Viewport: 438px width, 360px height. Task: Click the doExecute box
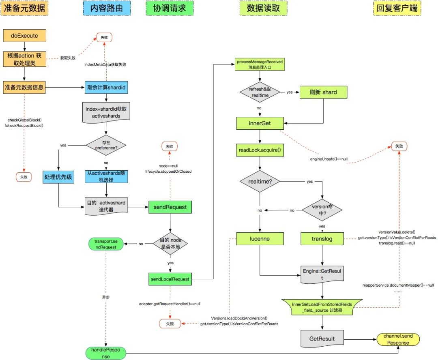(24, 36)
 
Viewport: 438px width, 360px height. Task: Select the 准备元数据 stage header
(25, 8)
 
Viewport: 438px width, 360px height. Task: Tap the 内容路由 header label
(107, 8)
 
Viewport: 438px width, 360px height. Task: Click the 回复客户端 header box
(397, 8)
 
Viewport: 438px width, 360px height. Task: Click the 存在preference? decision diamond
(106, 145)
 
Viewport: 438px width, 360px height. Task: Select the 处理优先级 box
(59, 177)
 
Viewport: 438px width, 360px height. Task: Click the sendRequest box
(170, 207)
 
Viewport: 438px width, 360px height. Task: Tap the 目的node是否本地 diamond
(170, 243)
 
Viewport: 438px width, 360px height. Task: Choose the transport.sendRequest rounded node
(105, 244)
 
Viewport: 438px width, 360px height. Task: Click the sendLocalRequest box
(170, 279)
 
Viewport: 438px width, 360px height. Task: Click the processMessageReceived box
(260, 64)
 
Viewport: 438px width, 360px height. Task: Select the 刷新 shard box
(324, 92)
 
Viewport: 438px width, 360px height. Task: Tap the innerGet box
(260, 123)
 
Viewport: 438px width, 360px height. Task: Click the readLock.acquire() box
(260, 150)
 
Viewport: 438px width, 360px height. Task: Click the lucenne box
(260, 239)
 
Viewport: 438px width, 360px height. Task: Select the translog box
(322, 239)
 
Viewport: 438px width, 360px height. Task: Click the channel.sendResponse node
(398, 340)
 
